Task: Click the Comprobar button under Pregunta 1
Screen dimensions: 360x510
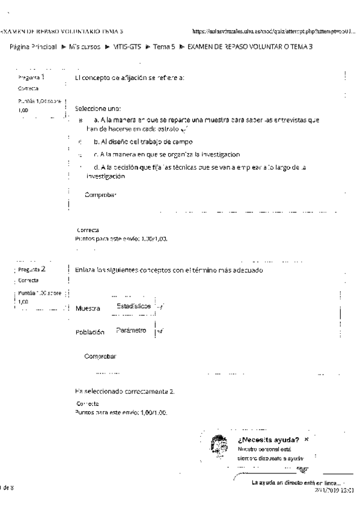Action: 101,195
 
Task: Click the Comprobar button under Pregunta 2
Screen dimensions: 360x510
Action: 101,356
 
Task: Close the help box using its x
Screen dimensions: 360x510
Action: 307,440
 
